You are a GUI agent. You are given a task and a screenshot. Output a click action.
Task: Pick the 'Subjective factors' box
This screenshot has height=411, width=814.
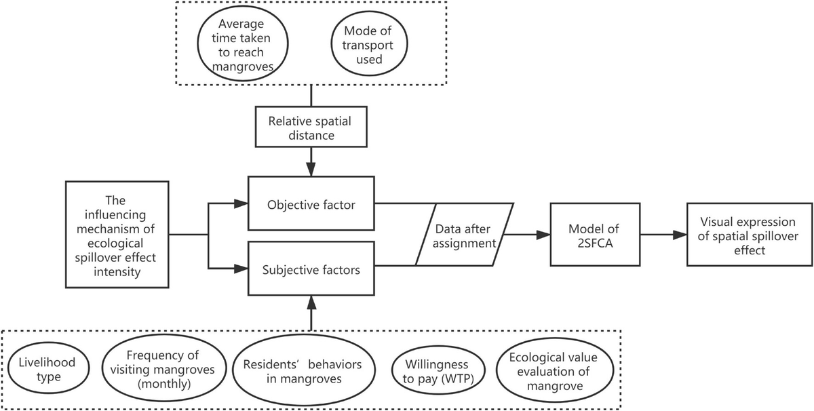coord(311,269)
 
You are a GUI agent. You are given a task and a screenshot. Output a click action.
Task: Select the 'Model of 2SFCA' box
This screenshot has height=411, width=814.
coord(585,236)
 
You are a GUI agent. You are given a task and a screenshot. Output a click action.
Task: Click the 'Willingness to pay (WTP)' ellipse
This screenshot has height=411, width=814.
coord(428,369)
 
